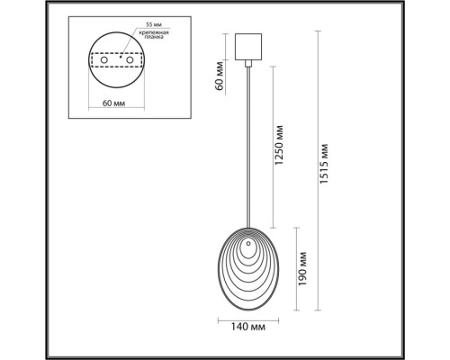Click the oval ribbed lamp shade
click(x=247, y=269)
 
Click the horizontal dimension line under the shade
click(x=247, y=319)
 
